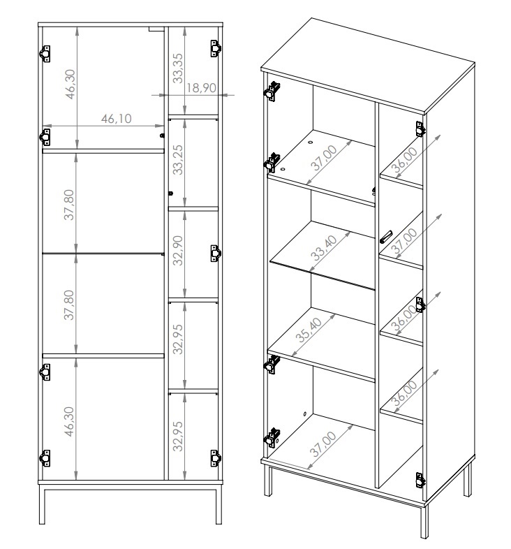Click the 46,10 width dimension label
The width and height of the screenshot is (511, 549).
(x=116, y=118)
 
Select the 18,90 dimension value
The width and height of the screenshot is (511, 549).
(x=201, y=87)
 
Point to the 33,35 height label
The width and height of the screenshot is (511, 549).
(x=178, y=68)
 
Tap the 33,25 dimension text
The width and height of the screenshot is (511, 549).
(x=178, y=159)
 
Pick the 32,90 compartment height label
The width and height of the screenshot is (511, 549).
(x=178, y=250)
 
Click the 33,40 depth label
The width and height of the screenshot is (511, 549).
(x=323, y=247)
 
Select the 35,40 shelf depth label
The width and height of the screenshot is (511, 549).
(x=309, y=330)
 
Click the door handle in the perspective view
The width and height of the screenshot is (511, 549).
(x=386, y=237)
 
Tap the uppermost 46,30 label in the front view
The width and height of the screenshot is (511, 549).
(x=70, y=84)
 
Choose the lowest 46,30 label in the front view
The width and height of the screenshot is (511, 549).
(x=69, y=421)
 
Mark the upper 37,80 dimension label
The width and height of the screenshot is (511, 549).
(x=69, y=205)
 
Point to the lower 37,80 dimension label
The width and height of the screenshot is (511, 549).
(x=69, y=305)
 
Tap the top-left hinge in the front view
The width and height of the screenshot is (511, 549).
(x=45, y=54)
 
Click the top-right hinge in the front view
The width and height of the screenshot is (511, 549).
(x=216, y=48)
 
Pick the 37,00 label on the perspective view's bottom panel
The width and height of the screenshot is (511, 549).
(x=323, y=444)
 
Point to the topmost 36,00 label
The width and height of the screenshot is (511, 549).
(x=404, y=160)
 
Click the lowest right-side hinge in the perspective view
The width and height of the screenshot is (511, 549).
(x=420, y=480)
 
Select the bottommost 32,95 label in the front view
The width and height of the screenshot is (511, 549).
(x=178, y=437)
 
